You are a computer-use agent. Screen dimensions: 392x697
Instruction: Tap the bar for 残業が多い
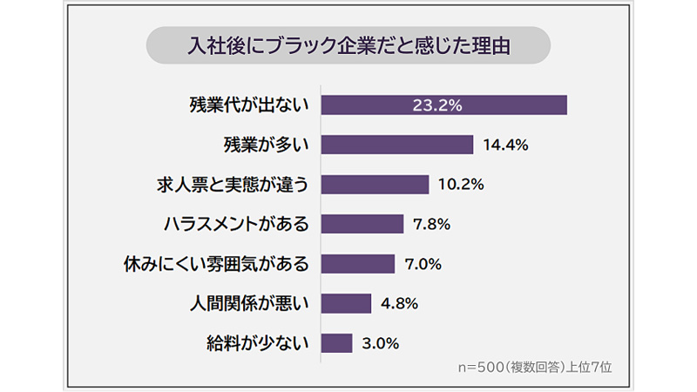click(x=396, y=145)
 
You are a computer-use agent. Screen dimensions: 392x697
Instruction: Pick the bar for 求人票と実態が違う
click(x=375, y=185)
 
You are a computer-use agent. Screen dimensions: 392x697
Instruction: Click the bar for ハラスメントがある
click(x=362, y=224)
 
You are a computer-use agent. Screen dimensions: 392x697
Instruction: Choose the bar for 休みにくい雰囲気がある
click(x=358, y=263)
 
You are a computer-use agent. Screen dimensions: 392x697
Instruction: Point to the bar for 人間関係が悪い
click(x=346, y=303)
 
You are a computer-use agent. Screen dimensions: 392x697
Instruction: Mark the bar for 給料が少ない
click(x=336, y=342)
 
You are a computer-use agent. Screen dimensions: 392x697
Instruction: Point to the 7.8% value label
click(x=431, y=224)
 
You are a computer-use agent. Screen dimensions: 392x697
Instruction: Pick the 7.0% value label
click(x=424, y=263)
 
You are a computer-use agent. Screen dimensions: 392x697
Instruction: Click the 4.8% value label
click(x=400, y=303)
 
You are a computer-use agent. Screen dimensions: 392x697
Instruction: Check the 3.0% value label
click(x=381, y=342)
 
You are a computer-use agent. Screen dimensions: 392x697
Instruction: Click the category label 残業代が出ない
click(x=249, y=105)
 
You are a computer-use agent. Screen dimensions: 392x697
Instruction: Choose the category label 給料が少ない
click(x=259, y=342)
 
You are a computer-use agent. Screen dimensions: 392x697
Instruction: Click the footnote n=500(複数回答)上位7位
click(x=535, y=367)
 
